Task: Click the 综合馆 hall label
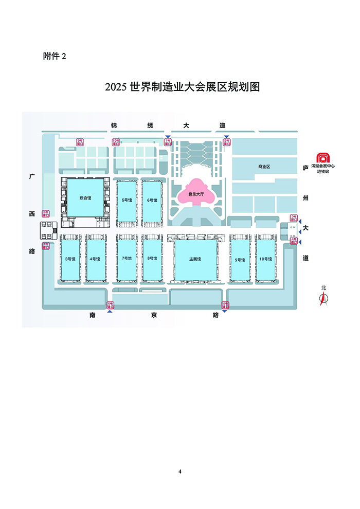85,197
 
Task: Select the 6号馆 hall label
152,200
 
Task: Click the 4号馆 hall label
95,259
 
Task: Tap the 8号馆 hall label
152,258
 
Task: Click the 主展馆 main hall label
195,259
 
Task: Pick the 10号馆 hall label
265,259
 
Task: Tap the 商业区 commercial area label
264,167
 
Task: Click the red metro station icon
323,158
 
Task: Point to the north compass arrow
324,299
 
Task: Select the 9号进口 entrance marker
80,142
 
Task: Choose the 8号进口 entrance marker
46,213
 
